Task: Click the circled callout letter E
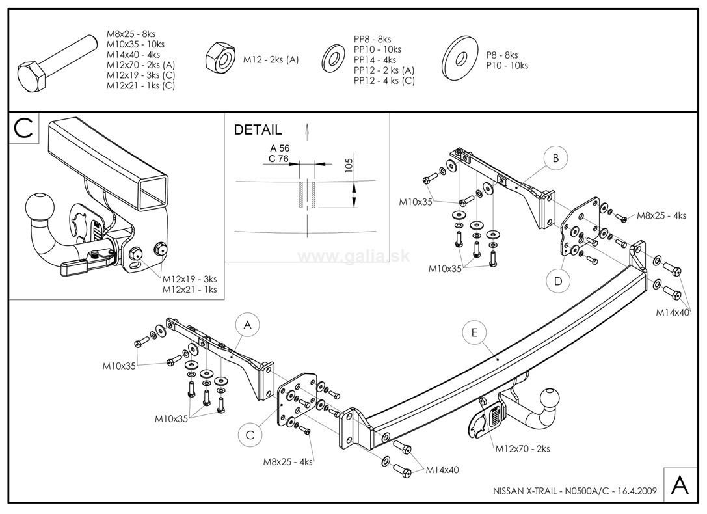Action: point(474,332)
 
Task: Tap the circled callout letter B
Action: point(555,157)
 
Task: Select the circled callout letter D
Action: point(558,281)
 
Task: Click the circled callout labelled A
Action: point(247,323)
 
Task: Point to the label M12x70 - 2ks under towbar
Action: point(522,449)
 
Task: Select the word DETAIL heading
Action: point(258,130)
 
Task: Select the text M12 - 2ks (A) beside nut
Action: point(271,60)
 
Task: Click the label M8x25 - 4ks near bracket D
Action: point(661,215)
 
